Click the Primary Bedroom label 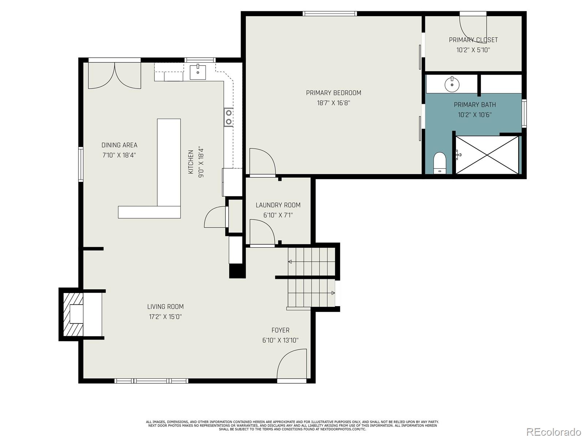333,93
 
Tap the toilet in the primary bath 439,163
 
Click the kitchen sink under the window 198,72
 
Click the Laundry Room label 278,205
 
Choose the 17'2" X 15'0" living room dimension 165,317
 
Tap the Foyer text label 280,330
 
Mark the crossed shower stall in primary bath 487,155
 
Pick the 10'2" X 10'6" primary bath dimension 475,115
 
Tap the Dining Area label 120,145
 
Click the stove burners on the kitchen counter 229,117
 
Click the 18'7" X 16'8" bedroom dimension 333,103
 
